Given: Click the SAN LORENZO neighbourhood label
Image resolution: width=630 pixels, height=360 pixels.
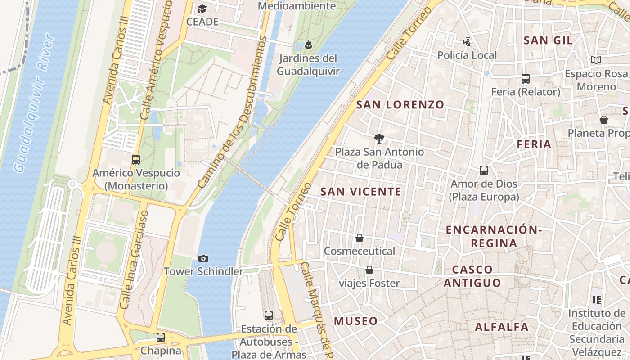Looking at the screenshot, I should click(x=400, y=105).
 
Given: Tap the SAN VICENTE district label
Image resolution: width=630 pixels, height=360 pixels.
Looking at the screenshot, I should click(x=360, y=192).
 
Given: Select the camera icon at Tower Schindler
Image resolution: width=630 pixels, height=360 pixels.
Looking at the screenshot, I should click(x=203, y=258).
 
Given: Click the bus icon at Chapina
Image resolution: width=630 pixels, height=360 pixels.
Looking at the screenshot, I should click(x=161, y=337).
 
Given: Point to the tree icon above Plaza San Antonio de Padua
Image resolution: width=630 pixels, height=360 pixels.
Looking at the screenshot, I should click(x=379, y=138).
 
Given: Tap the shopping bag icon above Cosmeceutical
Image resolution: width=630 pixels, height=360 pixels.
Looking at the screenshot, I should click(x=360, y=238).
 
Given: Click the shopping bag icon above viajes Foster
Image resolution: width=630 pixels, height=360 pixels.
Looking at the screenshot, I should click(x=369, y=270).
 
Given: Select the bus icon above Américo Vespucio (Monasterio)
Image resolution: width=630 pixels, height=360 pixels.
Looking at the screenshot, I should click(x=135, y=159).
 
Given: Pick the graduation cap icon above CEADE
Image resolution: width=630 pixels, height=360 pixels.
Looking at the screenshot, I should click(x=202, y=9).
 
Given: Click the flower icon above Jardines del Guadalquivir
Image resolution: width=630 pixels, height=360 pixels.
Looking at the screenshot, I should click(x=308, y=45).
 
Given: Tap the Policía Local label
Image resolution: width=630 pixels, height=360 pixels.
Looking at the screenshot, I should click(x=467, y=55).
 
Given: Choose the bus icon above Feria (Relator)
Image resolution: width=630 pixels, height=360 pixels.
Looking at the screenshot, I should click(x=525, y=79).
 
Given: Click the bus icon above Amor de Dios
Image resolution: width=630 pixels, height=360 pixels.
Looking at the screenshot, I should click(x=484, y=171).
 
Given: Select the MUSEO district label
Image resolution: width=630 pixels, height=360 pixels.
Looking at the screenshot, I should click(x=355, y=321).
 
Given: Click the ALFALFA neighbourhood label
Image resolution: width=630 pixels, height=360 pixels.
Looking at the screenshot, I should click(x=502, y=327).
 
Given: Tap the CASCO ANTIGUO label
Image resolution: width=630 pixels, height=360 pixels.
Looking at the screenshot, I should click(x=472, y=276).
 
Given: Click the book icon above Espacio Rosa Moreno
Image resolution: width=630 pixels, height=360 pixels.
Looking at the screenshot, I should click(x=596, y=60).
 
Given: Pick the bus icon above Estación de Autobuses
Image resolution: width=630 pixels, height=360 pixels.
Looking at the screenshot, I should click(x=269, y=315).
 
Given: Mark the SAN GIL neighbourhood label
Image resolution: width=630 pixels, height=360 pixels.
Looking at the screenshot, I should click(x=548, y=40).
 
